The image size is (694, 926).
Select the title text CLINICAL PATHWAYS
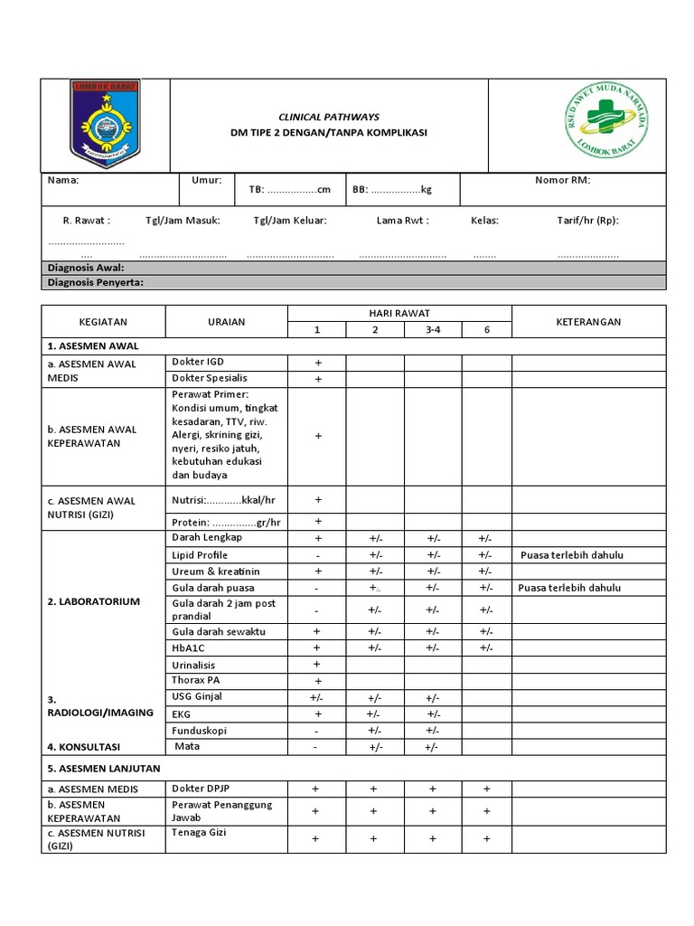coord(329,118)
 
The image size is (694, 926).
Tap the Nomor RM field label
coord(562,180)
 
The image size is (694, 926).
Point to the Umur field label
coord(206,180)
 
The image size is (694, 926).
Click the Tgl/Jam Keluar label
coord(290,220)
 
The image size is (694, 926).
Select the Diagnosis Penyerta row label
coord(95,282)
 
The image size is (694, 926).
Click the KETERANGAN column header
coord(588,322)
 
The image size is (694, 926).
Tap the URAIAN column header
coord(226,322)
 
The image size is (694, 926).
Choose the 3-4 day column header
coord(433,330)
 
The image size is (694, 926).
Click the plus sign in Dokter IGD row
coord(317,363)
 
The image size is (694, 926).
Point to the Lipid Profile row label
coord(200,554)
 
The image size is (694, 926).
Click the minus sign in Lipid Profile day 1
coord(317,555)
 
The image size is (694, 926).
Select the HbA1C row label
coord(189,647)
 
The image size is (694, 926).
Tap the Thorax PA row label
coord(196,679)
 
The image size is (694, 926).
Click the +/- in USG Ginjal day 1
coord(317,698)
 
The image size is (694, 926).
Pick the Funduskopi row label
coord(197,729)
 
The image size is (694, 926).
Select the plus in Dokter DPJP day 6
coord(486,789)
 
